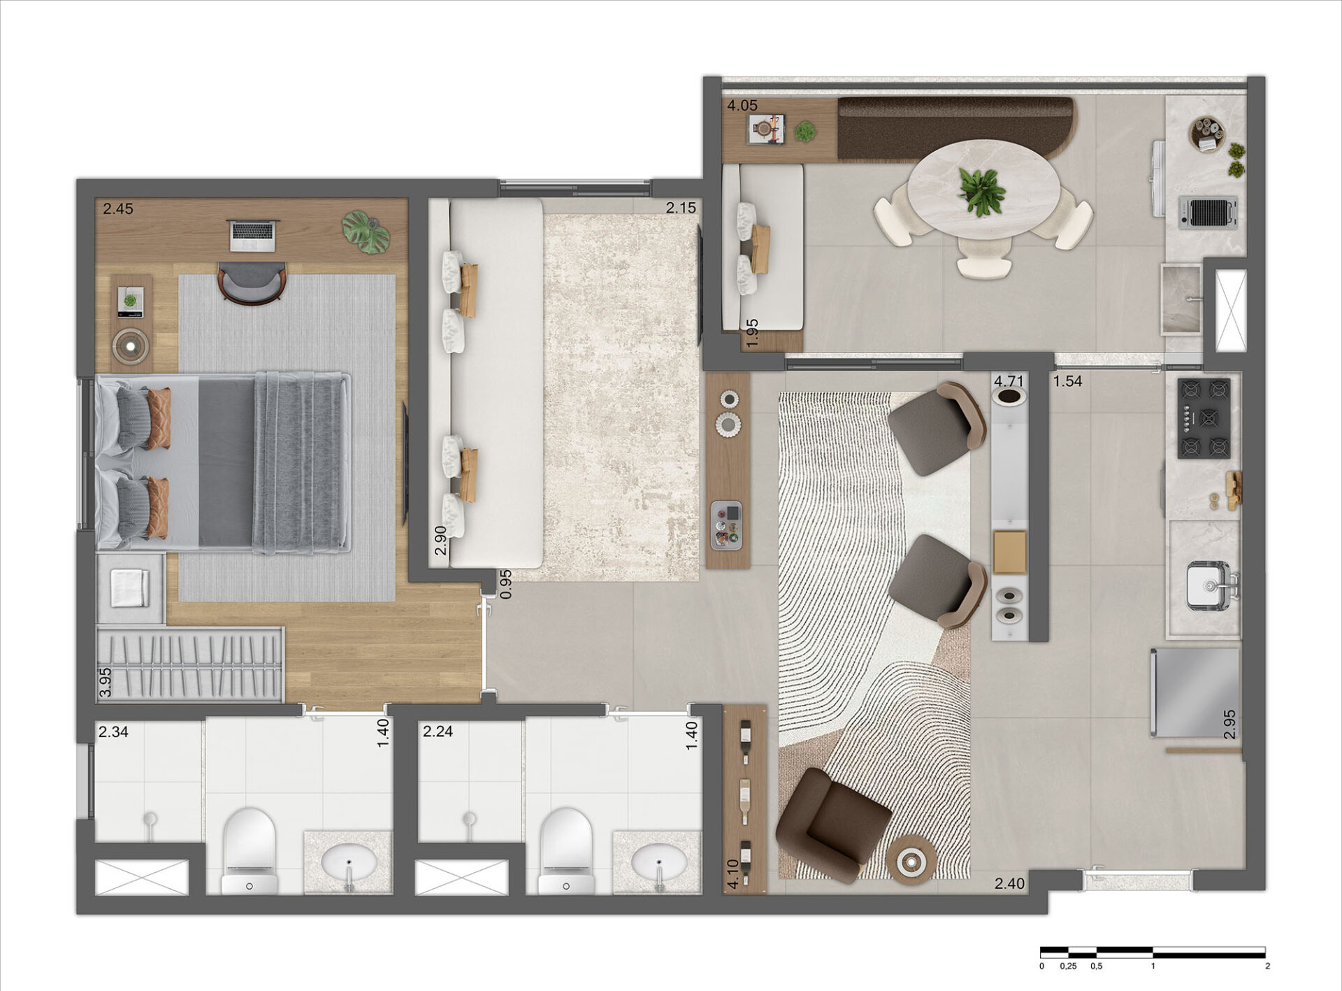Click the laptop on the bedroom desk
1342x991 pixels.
point(254,235)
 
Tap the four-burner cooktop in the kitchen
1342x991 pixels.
point(1204,418)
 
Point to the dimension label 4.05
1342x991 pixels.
point(742,106)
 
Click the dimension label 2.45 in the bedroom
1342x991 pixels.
point(117,208)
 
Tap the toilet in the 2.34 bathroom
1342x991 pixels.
point(250,849)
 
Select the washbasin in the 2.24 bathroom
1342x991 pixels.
point(657,860)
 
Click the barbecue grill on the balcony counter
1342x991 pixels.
point(1208,213)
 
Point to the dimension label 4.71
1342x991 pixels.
point(1009,381)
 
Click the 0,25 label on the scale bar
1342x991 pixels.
point(1068,966)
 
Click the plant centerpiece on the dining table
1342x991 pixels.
point(982,190)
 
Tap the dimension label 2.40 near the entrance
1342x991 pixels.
point(1009,884)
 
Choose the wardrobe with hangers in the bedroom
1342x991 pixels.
point(190,664)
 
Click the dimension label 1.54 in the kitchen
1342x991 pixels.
point(1067,381)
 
